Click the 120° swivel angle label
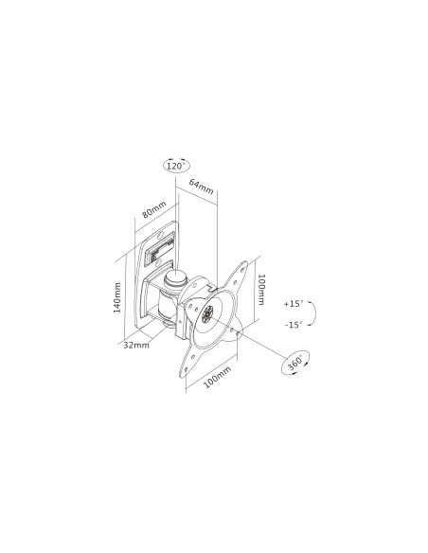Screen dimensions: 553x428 point(174,166)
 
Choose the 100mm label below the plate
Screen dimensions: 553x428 point(218,376)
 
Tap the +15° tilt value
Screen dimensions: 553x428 point(292,304)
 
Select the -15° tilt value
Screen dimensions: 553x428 point(292,324)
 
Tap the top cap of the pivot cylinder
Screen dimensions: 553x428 point(176,278)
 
